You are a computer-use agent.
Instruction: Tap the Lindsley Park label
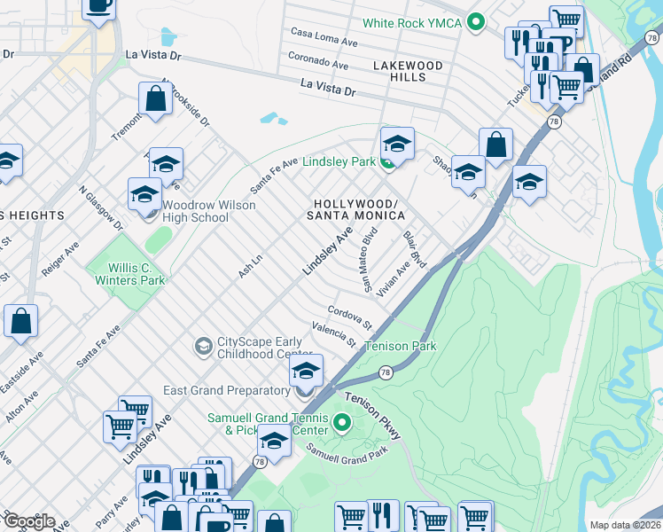(x=339, y=162)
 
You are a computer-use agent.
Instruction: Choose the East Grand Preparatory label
(x=227, y=390)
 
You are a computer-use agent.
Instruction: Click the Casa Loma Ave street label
(x=324, y=37)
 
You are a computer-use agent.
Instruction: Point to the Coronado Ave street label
(x=318, y=60)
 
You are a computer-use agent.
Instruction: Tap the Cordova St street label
(x=348, y=315)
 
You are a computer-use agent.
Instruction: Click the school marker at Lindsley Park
(x=398, y=145)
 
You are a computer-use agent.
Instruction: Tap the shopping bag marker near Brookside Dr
(x=156, y=99)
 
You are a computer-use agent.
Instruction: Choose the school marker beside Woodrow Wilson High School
(x=145, y=195)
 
